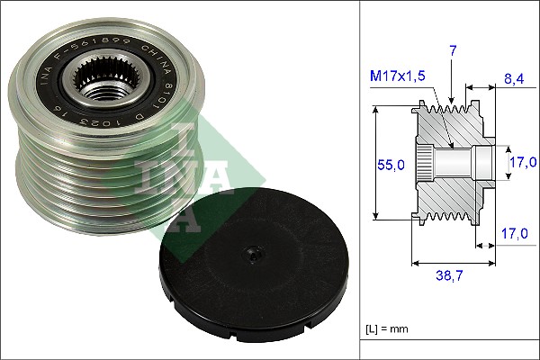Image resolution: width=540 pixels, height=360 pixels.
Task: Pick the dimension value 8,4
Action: pos(514,80)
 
